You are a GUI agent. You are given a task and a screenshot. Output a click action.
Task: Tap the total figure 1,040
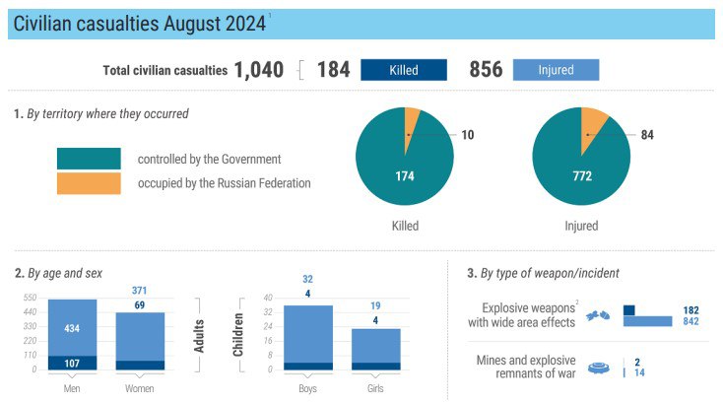(258, 70)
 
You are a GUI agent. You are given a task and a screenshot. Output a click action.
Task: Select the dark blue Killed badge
(403, 70)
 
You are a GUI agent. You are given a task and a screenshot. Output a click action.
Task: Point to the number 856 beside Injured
(486, 70)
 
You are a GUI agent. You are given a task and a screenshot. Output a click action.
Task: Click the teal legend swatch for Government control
(89, 159)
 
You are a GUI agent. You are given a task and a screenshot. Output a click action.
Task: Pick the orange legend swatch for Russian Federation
(89, 183)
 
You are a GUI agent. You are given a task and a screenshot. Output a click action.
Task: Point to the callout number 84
(646, 135)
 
